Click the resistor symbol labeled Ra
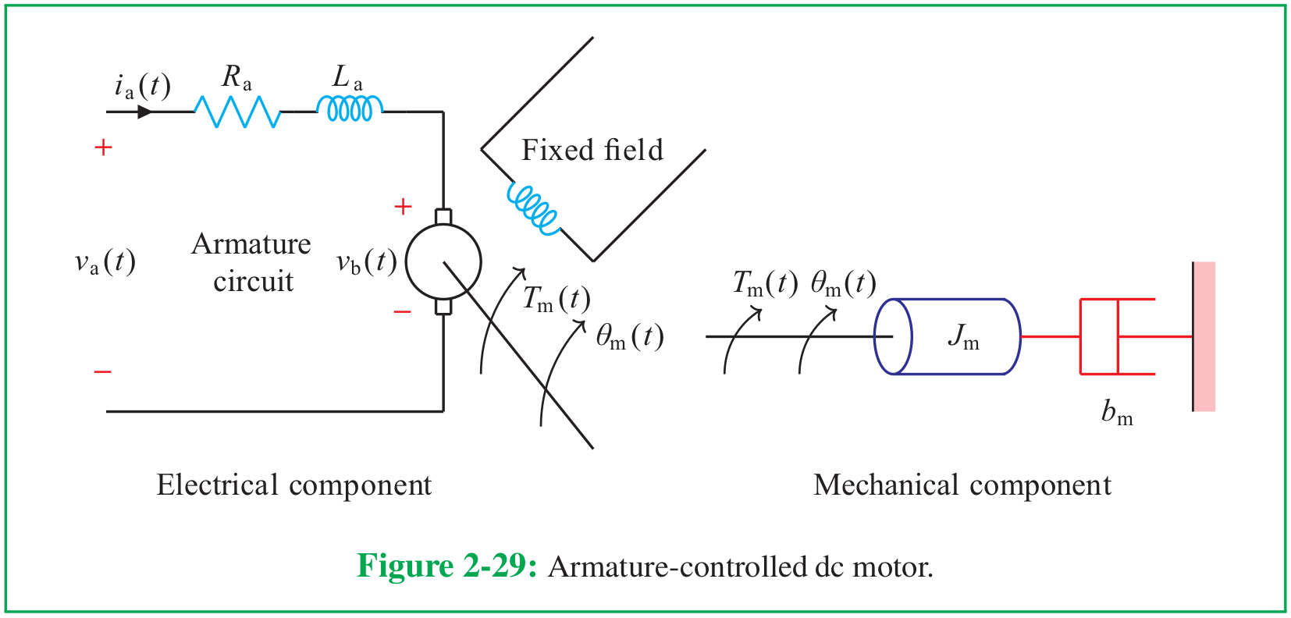pos(237,112)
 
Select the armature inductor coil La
pos(350,108)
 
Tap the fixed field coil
pos(534,209)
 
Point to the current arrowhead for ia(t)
pos(145,112)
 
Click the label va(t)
pos(105,262)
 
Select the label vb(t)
pos(367,262)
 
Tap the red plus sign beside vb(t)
pos(403,206)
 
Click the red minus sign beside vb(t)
pos(402,312)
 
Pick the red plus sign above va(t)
pos(103,148)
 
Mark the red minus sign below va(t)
pos(102,372)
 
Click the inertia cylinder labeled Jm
pos(948,337)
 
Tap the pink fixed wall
pos(1204,337)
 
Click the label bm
pos(1117,413)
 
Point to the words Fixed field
pos(592,150)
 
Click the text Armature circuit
pos(251,263)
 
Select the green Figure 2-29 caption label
pos(447,566)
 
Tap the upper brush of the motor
pos(443,217)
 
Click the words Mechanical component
pos(962,485)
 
